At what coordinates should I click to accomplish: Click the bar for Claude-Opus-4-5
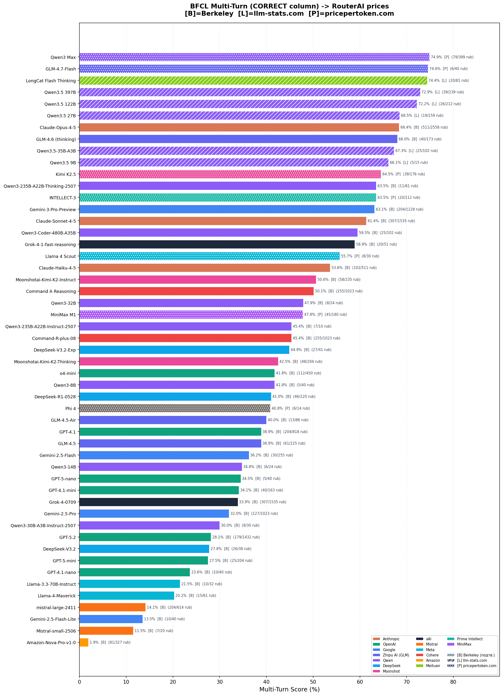click(x=239, y=127)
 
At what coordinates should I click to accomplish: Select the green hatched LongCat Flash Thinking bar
click(x=253, y=80)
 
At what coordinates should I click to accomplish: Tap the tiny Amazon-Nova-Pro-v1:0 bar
click(x=84, y=642)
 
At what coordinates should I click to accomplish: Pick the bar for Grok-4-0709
click(x=158, y=502)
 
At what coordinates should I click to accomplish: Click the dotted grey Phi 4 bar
click(x=175, y=408)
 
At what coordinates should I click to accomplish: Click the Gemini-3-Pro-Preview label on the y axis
click(x=53, y=210)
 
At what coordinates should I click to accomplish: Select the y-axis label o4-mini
click(x=68, y=373)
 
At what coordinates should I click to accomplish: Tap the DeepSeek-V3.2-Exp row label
click(x=55, y=350)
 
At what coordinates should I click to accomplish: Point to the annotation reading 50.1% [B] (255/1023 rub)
click(x=338, y=291)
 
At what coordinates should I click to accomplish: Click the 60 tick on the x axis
click(x=360, y=682)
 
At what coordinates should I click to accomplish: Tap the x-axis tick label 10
click(x=126, y=682)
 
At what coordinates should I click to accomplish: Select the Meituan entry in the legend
click(x=433, y=666)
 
